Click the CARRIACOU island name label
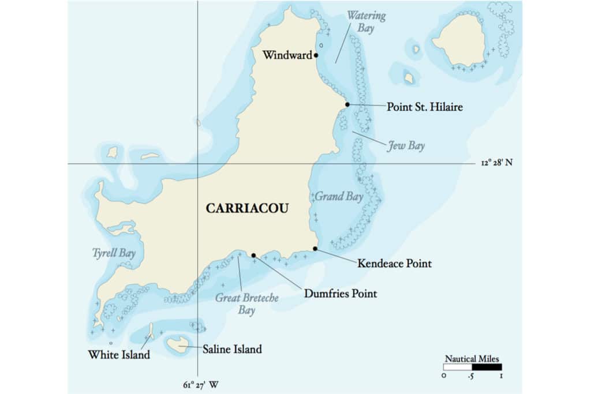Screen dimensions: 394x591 pos(247,208)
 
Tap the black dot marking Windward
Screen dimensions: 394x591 pos(316,55)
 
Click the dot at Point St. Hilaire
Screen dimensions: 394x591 pos(347,104)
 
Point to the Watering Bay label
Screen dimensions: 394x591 pos(366,21)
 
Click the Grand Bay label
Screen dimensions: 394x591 pos(338,197)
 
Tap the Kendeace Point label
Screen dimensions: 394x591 pos(394,264)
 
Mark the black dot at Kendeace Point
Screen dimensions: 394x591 pos(315,249)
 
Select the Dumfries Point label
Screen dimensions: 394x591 pos(340,294)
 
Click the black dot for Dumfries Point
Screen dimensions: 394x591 pos(253,255)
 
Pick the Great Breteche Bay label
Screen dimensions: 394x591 pos(246,304)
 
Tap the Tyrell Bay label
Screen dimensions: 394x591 pos(113,253)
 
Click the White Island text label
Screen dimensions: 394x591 pos(119,355)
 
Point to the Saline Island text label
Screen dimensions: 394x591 pos(232,349)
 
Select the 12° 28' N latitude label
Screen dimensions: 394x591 pos(496,163)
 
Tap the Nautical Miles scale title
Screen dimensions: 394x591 pos(472,358)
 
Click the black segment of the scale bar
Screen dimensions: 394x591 pos(487,367)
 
